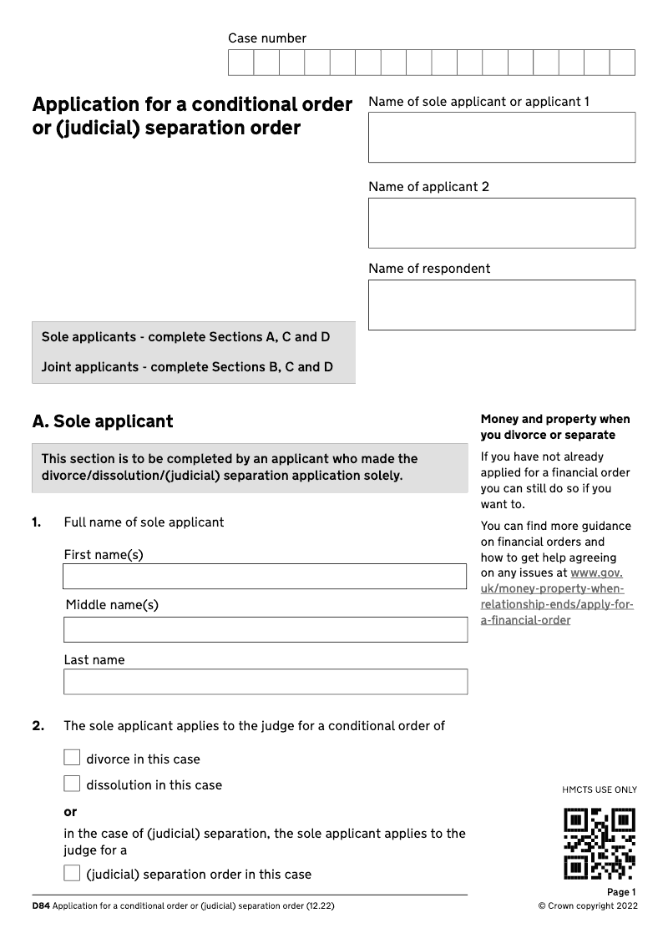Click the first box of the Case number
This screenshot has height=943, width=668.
tap(241, 63)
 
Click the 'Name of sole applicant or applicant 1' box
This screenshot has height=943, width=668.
tap(501, 138)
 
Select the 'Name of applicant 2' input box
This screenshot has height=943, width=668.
tap(501, 223)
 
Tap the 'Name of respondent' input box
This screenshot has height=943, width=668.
tap(501, 305)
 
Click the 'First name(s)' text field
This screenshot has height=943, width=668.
tap(265, 576)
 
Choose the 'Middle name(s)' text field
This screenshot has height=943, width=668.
tap(265, 630)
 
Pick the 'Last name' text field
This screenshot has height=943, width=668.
tap(265, 682)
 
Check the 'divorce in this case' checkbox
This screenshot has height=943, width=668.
tap(73, 758)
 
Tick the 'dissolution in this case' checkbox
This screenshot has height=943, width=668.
tap(73, 784)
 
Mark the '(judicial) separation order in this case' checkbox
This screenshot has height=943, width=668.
tap(73, 874)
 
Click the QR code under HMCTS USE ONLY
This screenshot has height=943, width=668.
tap(600, 843)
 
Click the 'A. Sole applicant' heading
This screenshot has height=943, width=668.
tap(103, 421)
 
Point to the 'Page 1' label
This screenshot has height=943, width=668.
tap(621, 892)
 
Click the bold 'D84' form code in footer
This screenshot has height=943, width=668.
tap(41, 906)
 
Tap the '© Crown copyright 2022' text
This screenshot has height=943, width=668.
tap(588, 906)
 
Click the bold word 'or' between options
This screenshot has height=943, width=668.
tap(70, 812)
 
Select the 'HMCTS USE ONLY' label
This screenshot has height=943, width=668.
tap(600, 789)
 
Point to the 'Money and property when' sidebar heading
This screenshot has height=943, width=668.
tap(555, 419)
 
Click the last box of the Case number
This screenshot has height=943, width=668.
tap(622, 63)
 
